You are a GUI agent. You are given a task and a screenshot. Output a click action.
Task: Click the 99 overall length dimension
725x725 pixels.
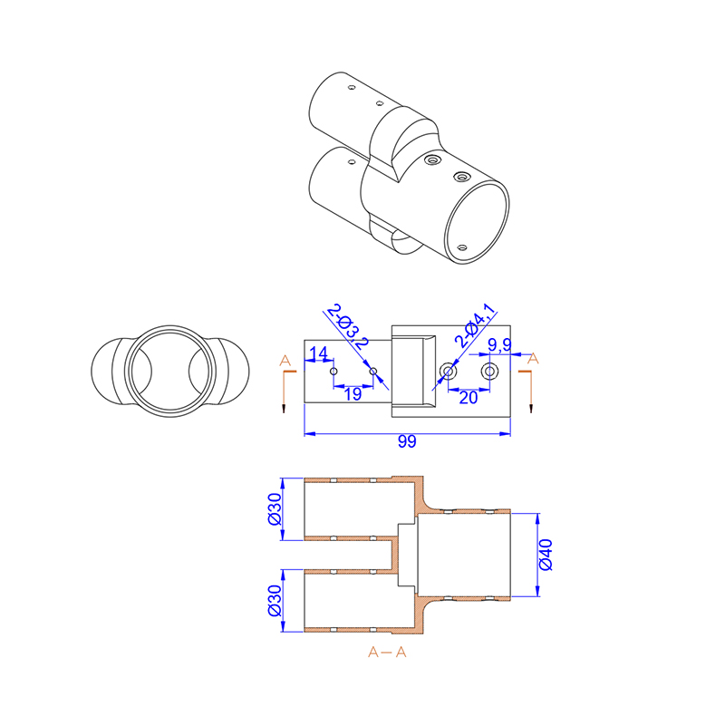pyautogui.click(x=407, y=441)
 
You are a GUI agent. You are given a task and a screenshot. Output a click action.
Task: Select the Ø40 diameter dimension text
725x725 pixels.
pyautogui.click(x=546, y=555)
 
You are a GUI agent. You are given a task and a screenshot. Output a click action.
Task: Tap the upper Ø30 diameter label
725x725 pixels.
pyautogui.click(x=275, y=508)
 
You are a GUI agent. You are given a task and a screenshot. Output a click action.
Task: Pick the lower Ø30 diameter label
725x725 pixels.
pyautogui.click(x=275, y=600)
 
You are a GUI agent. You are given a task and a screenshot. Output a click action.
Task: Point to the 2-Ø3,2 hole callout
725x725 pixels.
pyautogui.click(x=348, y=327)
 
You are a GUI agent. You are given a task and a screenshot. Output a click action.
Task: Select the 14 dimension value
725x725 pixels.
pyautogui.click(x=318, y=353)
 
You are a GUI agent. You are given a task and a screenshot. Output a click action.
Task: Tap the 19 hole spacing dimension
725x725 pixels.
pyautogui.click(x=353, y=394)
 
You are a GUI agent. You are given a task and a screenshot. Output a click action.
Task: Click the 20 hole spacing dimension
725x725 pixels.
pyautogui.click(x=469, y=398)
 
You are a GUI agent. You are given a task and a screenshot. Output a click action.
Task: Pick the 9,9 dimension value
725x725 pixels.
pyautogui.click(x=500, y=345)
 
